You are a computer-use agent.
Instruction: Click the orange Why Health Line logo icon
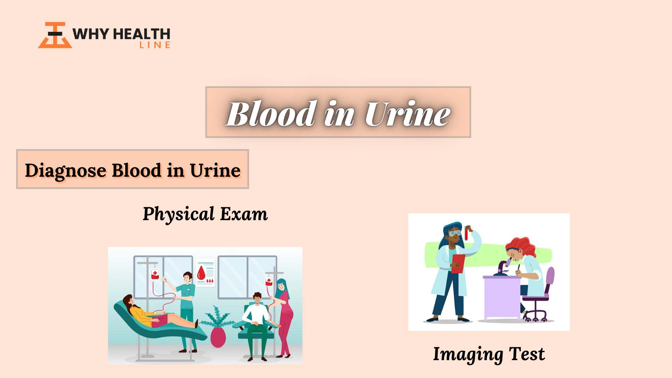click(x=55, y=35)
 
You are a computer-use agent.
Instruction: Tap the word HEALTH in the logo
click(x=142, y=34)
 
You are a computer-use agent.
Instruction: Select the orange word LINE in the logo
click(x=155, y=45)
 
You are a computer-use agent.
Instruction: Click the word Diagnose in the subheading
click(x=65, y=171)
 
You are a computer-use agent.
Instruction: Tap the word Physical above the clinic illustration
click(x=179, y=214)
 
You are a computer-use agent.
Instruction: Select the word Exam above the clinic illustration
click(x=244, y=214)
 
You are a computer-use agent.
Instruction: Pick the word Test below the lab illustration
click(x=527, y=354)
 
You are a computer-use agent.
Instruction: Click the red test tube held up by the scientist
click(x=466, y=233)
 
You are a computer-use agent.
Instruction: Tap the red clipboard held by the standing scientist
click(x=458, y=264)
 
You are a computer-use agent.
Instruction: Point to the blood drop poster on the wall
click(x=205, y=273)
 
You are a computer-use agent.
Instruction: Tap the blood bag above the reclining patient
click(x=155, y=274)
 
